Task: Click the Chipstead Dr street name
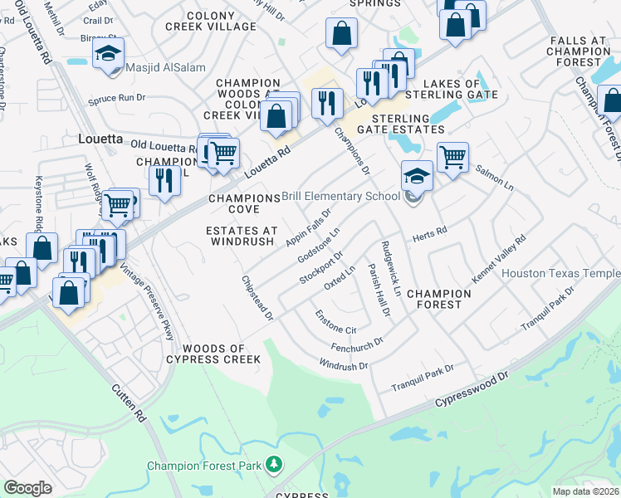[257, 298]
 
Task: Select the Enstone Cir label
[335, 320]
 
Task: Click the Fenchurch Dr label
[355, 342]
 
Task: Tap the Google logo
[27, 487]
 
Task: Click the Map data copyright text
[586, 491]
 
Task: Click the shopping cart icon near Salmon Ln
[452, 156]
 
